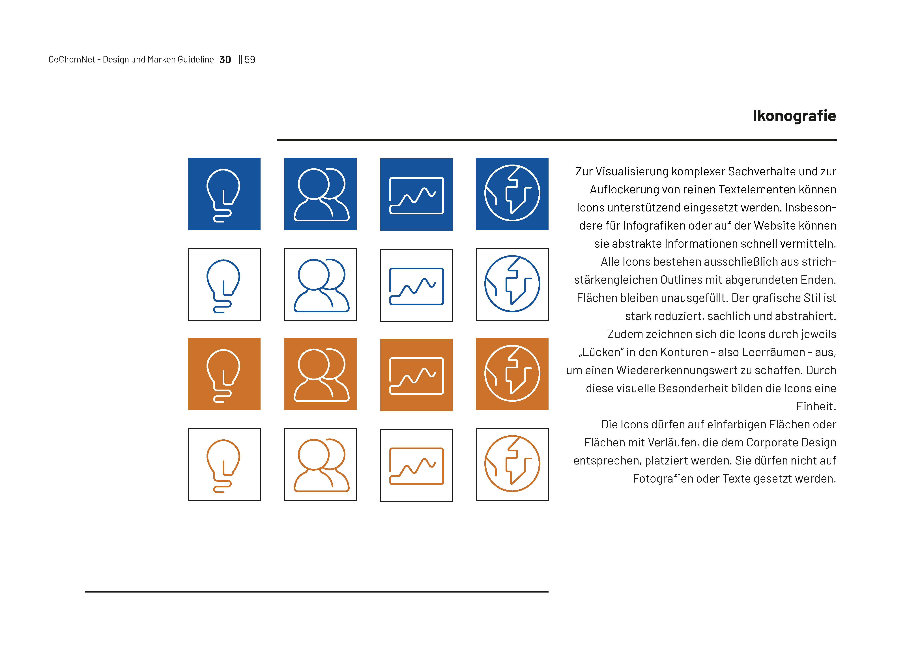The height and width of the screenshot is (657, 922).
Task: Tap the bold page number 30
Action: (225, 59)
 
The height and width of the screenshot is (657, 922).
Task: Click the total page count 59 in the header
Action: (250, 59)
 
